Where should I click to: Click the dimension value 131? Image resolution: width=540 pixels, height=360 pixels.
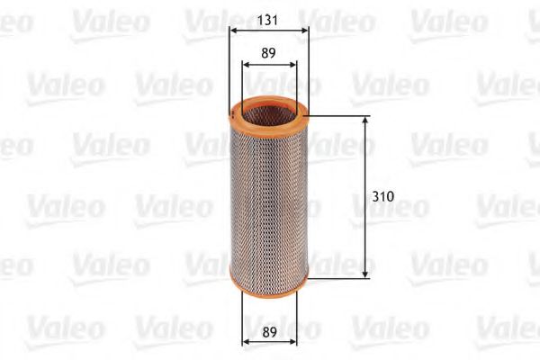(x=267, y=20)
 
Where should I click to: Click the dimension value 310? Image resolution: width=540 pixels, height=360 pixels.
(x=383, y=196)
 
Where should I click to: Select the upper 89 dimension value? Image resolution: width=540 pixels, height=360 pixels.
(x=268, y=53)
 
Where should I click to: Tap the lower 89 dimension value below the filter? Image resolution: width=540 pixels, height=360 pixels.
(x=269, y=332)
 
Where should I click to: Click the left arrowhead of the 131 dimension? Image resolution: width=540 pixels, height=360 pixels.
(x=234, y=31)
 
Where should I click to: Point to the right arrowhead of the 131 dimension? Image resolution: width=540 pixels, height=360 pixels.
(x=304, y=31)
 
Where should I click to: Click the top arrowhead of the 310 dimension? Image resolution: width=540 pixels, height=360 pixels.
(x=365, y=121)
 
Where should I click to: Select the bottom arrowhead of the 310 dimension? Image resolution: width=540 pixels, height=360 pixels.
(x=365, y=274)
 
